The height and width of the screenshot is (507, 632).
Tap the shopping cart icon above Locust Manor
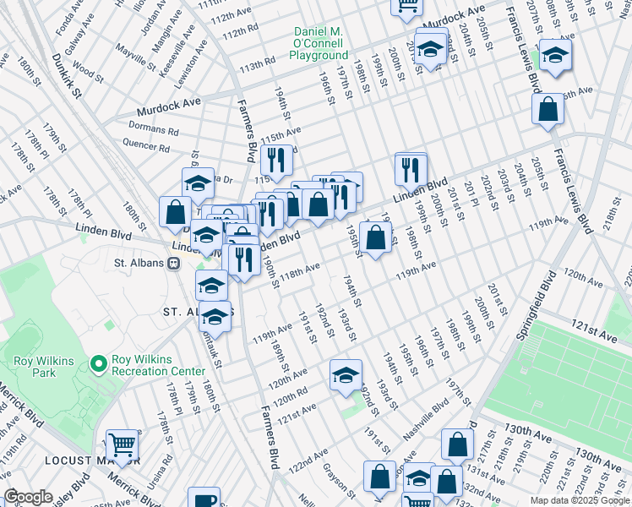[x=123, y=444]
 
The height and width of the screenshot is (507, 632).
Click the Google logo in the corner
[x=28, y=497]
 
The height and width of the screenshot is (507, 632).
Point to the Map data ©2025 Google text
[x=580, y=500]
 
